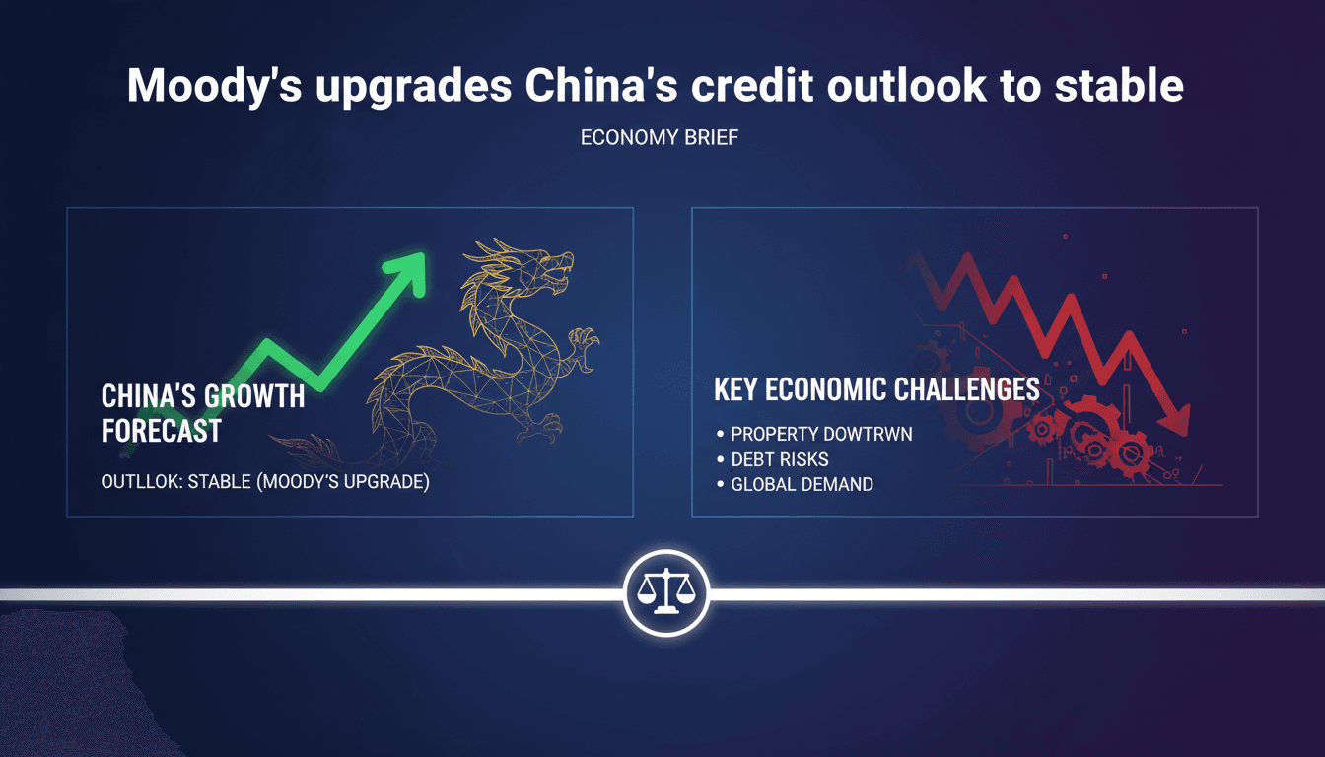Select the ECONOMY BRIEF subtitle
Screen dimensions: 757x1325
660,138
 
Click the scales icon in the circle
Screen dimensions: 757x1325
665,593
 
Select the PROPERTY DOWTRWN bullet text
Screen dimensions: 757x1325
821,434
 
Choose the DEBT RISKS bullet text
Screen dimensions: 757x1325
780,459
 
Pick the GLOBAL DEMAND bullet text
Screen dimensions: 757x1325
802,485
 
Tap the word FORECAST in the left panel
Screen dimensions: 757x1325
161,430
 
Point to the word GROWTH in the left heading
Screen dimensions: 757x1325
253,397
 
